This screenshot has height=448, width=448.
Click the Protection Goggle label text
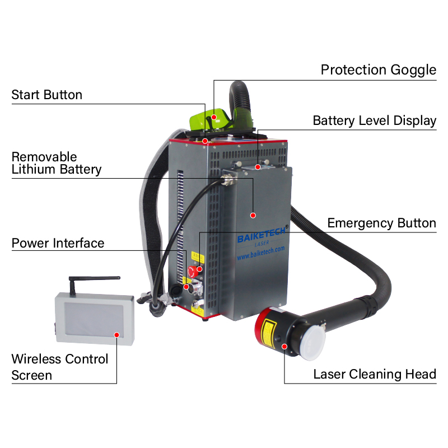click(x=378, y=70)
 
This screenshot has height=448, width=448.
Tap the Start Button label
click(x=46, y=95)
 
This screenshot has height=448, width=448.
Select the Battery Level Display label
click(x=374, y=121)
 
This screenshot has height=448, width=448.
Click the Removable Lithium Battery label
click(x=56, y=163)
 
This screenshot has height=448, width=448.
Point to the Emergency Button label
click(x=381, y=223)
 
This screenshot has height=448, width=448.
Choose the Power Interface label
click(x=58, y=243)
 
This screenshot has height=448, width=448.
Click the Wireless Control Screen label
click(x=60, y=367)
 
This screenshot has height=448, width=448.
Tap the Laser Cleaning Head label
click(x=374, y=374)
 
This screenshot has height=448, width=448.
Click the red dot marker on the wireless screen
click(x=116, y=335)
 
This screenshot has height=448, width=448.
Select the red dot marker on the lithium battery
click(x=253, y=214)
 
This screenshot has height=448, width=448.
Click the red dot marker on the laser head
click(x=284, y=346)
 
